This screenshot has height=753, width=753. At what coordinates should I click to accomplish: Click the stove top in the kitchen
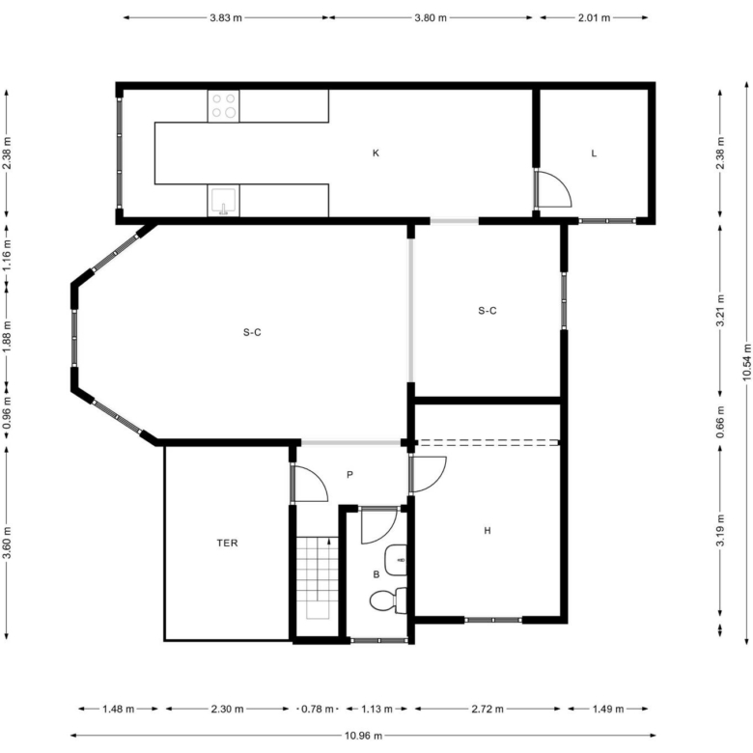(x=223, y=105)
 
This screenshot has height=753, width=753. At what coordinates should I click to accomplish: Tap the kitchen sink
(x=223, y=200)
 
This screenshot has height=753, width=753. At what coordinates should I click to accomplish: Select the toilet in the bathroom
(x=388, y=600)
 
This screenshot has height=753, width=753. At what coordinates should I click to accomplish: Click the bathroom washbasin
(x=396, y=560)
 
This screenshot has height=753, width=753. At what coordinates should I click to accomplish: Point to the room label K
(x=376, y=153)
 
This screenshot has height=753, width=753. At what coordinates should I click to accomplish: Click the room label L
(x=594, y=153)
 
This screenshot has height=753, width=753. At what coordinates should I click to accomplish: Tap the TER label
(x=227, y=544)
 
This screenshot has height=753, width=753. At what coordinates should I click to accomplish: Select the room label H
(x=488, y=531)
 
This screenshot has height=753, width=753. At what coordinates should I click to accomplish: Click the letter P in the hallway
(x=350, y=475)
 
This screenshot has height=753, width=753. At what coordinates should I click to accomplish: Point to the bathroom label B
(x=376, y=574)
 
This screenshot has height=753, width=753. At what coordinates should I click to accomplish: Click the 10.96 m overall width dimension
(x=364, y=736)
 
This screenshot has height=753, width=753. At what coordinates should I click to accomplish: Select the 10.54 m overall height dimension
(x=747, y=363)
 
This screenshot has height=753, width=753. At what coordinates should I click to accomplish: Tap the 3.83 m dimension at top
(x=226, y=17)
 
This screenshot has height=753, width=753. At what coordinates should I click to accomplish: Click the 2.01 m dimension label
(x=594, y=17)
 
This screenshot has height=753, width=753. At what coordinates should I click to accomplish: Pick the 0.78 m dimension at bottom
(x=318, y=709)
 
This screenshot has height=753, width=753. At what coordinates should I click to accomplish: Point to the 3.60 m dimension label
(x=7, y=543)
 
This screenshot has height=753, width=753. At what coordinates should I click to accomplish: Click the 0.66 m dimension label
(x=720, y=422)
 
